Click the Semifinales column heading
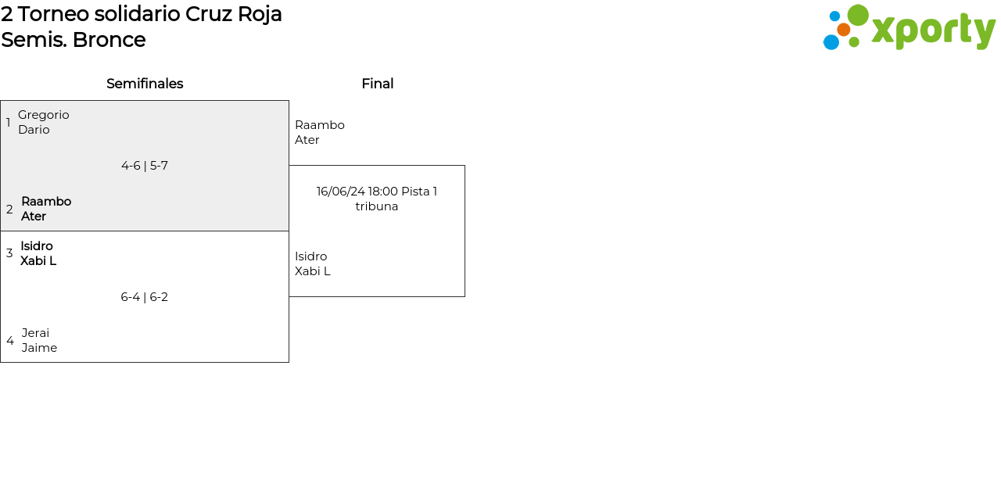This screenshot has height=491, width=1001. [145, 84]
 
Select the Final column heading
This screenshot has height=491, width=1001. [378, 84]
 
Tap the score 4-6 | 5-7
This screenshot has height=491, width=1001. [145, 166]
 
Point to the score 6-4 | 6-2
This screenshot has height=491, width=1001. [145, 297]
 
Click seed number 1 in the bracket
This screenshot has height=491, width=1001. [8, 123]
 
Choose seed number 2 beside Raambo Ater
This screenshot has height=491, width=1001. [9, 210]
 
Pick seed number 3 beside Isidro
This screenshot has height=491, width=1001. [9, 253]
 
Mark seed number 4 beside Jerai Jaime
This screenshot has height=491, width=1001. [10, 341]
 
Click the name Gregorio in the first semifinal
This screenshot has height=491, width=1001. [44, 115]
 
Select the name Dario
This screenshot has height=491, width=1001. [34, 130]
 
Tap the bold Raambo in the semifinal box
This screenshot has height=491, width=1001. [46, 202]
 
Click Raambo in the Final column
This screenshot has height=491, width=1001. [320, 125]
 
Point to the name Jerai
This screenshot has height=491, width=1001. [36, 333]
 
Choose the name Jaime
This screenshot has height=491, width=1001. [39, 348]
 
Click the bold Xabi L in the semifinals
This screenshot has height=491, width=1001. [38, 260]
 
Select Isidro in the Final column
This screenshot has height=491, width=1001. [311, 256]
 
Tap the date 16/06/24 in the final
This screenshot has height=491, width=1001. [340, 192]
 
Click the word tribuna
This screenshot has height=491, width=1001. [377, 206]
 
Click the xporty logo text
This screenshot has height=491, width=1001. [934, 30]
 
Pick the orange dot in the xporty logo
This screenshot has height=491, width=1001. [844, 30]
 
